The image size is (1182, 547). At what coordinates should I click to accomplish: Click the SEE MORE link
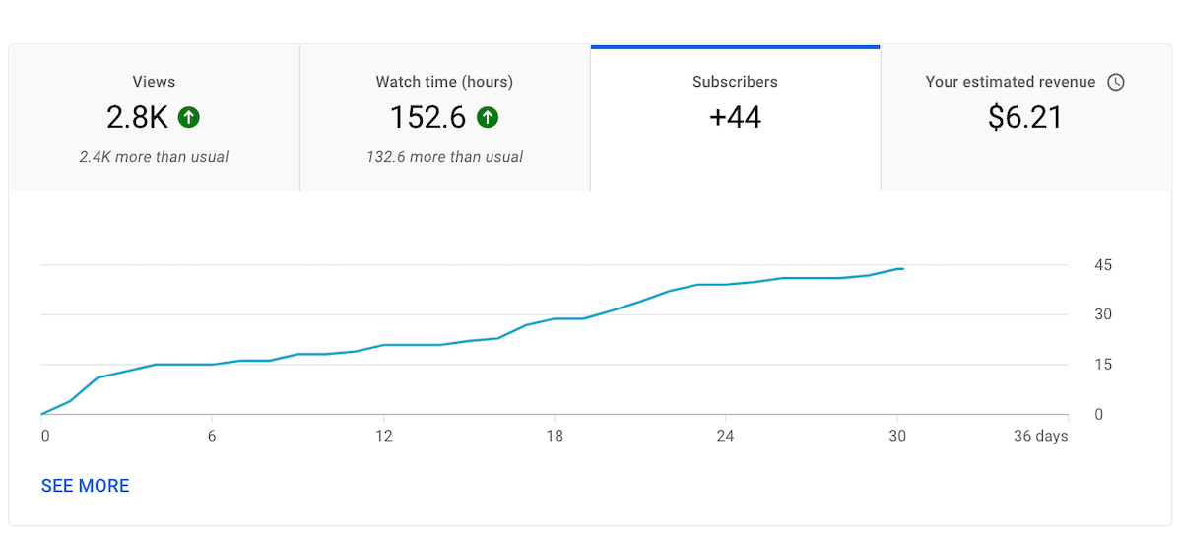pyautogui.click(x=85, y=486)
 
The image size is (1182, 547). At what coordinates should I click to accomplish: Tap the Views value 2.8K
pyautogui.click(x=137, y=118)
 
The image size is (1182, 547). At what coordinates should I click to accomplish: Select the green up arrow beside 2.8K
pyautogui.click(x=189, y=118)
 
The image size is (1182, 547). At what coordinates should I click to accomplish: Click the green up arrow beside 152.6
pyautogui.click(x=488, y=118)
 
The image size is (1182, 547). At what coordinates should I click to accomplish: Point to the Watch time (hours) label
pyautogui.click(x=444, y=82)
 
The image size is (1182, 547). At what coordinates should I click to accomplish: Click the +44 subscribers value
pyautogui.click(x=735, y=118)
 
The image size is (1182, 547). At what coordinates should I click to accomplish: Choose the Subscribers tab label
pyautogui.click(x=735, y=82)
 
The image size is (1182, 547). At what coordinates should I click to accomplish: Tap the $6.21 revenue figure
pyautogui.click(x=1025, y=118)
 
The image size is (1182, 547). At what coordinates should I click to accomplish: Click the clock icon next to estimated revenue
pyautogui.click(x=1116, y=83)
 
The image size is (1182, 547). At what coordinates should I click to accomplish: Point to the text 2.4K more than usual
pyautogui.click(x=154, y=157)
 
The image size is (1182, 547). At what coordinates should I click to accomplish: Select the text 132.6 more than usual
pyautogui.click(x=444, y=157)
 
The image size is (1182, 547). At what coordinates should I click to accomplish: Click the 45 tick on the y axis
pyautogui.click(x=1103, y=265)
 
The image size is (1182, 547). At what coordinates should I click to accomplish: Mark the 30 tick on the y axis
pyautogui.click(x=1103, y=314)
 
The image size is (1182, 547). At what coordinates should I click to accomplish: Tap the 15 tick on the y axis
pyautogui.click(x=1103, y=365)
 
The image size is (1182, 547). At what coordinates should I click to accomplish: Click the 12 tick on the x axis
pyautogui.click(x=384, y=436)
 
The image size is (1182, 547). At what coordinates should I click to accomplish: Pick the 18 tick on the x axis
pyautogui.click(x=555, y=436)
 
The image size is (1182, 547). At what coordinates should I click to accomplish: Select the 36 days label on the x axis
pyautogui.click(x=1040, y=436)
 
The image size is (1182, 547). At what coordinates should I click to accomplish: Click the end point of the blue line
pyautogui.click(x=902, y=269)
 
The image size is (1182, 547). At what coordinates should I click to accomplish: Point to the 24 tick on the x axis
pyautogui.click(x=725, y=436)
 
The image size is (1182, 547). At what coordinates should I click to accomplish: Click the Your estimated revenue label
pyautogui.click(x=1010, y=82)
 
